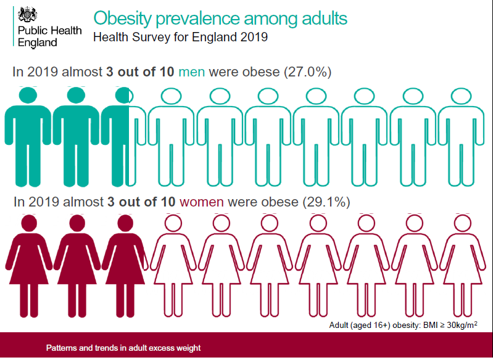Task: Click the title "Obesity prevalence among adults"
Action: [x=220, y=18]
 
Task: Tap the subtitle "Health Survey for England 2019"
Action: [x=180, y=37]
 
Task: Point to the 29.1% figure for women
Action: [x=325, y=202]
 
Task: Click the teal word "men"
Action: [x=192, y=72]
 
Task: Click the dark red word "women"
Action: [x=202, y=202]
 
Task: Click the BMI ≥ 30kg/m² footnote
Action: [x=403, y=324]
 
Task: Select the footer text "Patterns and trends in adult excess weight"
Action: [x=123, y=348]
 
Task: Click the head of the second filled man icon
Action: [x=75, y=96]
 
